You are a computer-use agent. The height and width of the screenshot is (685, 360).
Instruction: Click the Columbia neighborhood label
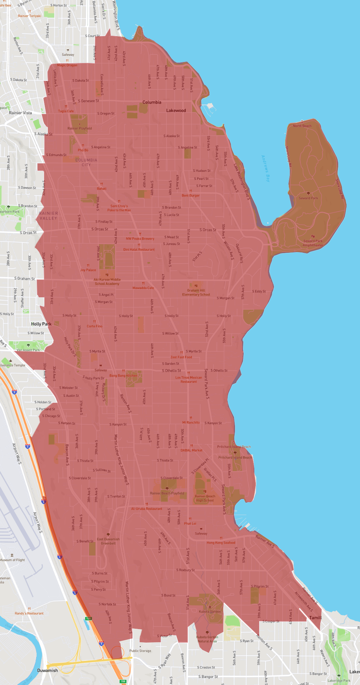point(152,102)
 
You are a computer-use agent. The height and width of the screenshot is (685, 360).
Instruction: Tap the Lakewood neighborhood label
point(176,111)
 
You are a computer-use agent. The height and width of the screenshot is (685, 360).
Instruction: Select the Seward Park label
point(308,198)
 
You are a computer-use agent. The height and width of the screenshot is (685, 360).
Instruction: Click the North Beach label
point(302,126)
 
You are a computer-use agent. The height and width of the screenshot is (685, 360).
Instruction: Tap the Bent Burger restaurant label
point(191,196)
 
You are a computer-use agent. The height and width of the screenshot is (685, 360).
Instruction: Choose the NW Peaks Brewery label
point(140,239)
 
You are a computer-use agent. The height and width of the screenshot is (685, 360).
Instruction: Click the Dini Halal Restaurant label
point(139,249)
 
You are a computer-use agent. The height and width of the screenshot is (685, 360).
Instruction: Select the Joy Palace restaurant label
point(88,270)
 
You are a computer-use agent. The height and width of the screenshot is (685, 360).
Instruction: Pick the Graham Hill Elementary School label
point(196,292)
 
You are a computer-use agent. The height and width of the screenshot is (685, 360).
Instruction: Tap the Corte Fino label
point(94,326)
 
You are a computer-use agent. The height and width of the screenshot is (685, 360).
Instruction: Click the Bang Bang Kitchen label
point(123,376)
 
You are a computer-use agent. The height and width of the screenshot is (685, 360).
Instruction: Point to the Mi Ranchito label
point(191,423)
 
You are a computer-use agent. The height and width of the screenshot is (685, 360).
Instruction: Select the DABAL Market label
point(192,450)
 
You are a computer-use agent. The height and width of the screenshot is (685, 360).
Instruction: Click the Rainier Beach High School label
point(205,498)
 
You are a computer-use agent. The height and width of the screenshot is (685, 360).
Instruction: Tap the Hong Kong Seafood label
point(221,543)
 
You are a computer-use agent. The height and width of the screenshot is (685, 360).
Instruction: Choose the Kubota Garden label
point(210,612)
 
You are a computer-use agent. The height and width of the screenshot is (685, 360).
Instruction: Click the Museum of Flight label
point(12,560)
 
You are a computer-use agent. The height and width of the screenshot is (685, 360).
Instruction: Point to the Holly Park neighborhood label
point(41,324)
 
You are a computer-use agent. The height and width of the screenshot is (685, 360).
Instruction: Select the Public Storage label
point(140,651)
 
